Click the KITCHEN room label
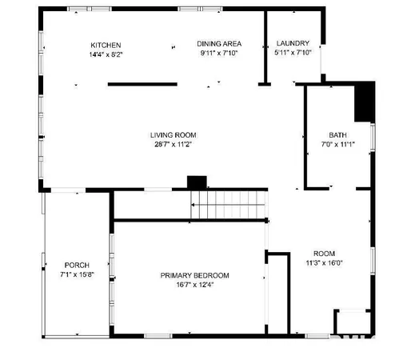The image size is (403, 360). click(106, 44)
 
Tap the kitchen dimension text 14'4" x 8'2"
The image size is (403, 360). click(106, 54)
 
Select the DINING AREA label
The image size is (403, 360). click(219, 44)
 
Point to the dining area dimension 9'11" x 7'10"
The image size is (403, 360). click(219, 54)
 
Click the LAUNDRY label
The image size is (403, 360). click(292, 44)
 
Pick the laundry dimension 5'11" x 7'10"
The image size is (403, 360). click(292, 54)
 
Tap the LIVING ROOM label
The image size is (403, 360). click(174, 135)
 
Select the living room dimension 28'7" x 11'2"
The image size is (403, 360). click(174, 145)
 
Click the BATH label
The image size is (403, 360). click(337, 135)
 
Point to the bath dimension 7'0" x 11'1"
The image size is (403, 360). click(337, 145)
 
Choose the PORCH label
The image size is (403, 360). click(77, 265)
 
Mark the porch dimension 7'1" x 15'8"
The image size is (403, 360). click(77, 274)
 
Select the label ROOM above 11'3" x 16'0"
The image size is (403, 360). click(324, 253)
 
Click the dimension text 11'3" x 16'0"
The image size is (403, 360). click(324, 262)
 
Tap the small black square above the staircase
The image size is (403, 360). click(196, 182)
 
